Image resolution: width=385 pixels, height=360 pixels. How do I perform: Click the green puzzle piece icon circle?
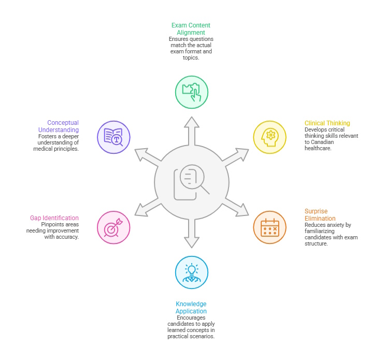192,92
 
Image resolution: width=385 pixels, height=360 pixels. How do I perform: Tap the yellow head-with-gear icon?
269,137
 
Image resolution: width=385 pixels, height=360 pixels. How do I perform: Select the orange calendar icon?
269,227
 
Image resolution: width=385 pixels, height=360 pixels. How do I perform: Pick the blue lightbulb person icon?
192,272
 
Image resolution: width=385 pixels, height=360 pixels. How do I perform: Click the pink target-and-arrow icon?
113,227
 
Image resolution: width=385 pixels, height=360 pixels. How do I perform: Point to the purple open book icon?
113,137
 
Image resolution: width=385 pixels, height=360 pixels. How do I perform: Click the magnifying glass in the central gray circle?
194,179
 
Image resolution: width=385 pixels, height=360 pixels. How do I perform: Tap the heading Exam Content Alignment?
191,29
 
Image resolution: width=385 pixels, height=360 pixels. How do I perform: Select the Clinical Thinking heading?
327,123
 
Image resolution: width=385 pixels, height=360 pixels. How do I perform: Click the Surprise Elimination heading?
320,215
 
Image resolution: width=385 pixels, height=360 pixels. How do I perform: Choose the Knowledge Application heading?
191,308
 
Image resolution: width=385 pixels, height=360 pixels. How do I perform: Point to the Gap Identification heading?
54,218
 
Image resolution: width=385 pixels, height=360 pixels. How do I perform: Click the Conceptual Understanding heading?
59,126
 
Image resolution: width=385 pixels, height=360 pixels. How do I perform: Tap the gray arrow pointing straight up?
192,131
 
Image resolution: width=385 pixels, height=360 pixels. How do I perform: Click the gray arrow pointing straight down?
192,233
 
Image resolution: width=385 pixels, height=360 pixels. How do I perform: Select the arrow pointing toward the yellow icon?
236,157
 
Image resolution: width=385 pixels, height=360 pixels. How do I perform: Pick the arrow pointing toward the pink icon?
148,208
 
